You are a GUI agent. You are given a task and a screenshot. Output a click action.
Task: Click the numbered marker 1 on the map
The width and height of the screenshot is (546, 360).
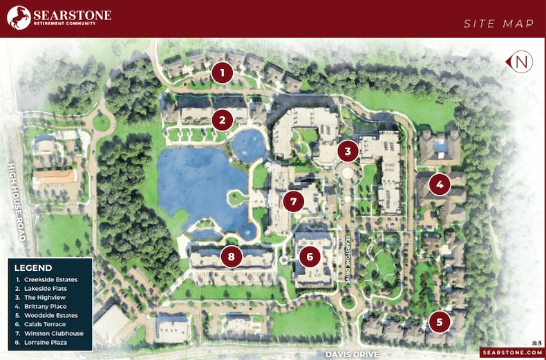[221, 72]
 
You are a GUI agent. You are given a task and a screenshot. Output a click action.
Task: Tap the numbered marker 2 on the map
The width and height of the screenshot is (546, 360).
[222, 120]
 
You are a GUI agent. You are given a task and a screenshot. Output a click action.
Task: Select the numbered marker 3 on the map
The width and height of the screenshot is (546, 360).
[348, 150]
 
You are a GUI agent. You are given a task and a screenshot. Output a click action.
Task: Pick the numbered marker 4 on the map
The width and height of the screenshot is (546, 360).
[439, 184]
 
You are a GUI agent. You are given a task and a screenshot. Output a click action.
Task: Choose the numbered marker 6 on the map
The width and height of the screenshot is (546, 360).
[310, 256]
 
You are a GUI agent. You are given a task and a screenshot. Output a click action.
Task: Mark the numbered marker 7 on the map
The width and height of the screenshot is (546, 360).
[293, 202]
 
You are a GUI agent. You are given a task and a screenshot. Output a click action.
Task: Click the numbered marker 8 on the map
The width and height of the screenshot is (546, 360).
[232, 256]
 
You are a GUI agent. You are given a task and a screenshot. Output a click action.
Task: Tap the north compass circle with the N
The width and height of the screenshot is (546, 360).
[523, 62]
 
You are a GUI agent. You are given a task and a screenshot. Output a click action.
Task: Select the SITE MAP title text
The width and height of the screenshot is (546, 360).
[499, 24]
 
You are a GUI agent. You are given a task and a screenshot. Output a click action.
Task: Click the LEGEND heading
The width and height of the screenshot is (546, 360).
[33, 267]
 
